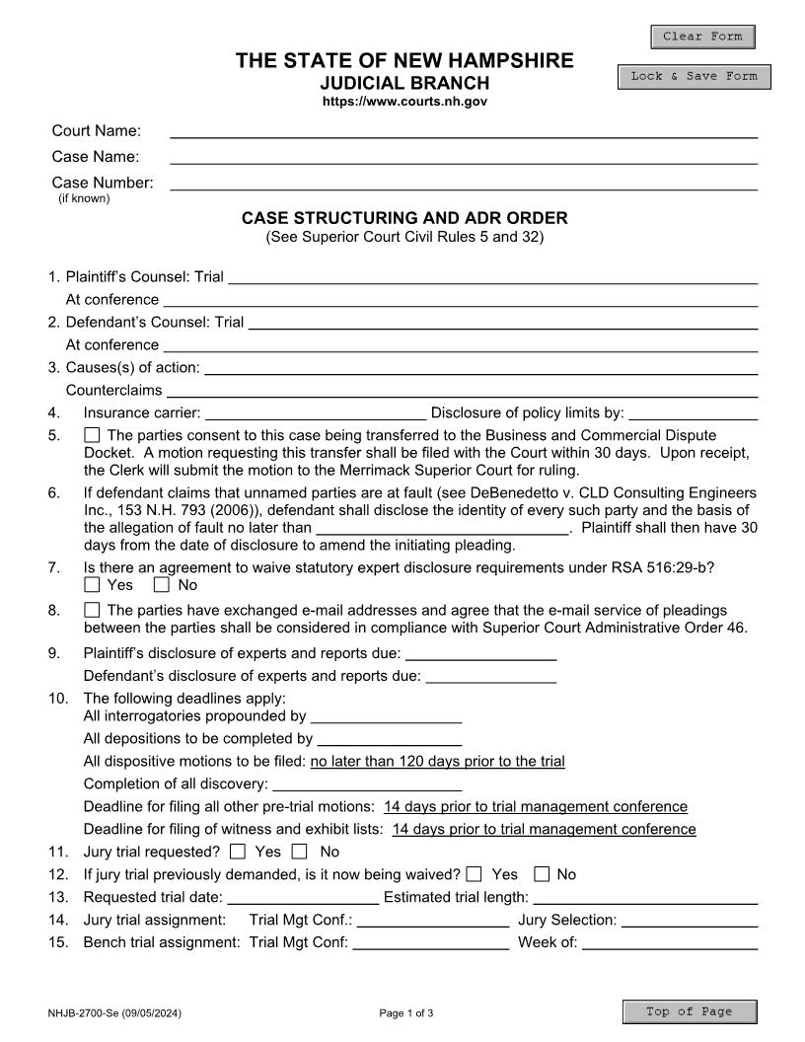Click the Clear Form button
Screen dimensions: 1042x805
702,37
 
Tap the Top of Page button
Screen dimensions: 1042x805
690,1011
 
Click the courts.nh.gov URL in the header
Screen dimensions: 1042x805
404,102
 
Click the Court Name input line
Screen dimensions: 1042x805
464,130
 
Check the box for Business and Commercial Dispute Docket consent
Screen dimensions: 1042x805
92,435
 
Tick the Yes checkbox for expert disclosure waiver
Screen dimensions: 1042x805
92,585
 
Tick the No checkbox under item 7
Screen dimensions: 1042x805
163,585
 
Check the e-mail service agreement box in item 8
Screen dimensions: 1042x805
92,610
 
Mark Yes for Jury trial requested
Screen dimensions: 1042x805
238,851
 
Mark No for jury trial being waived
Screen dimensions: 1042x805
542,873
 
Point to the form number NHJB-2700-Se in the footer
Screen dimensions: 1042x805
113,1013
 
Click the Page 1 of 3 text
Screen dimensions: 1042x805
405,1013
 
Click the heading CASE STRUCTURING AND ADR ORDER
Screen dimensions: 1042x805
404,218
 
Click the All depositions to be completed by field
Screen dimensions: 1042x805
389,737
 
